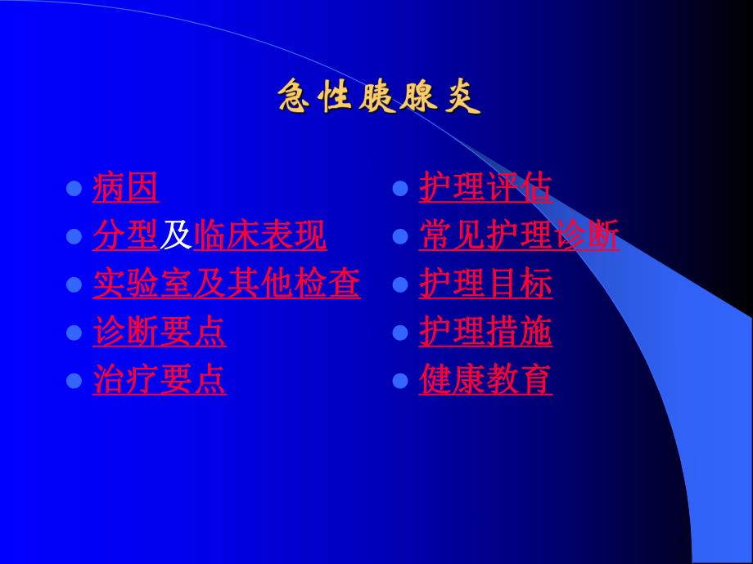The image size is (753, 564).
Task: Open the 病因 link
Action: [x=125, y=188]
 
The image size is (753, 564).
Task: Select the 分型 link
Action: [x=125, y=236]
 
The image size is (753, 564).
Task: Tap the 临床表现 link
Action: [x=259, y=236]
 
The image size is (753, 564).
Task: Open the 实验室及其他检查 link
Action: [x=226, y=284]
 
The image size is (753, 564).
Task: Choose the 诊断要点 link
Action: [x=159, y=332]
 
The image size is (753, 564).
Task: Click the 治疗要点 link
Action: [x=159, y=380]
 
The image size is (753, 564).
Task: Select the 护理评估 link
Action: [x=485, y=188]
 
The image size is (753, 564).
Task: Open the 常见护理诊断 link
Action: [x=519, y=236]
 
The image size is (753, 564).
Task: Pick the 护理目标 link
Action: [x=485, y=284]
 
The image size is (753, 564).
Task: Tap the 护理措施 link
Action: [x=485, y=332]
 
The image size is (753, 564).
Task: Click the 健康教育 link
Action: [x=485, y=380]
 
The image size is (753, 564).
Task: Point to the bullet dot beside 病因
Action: [x=74, y=189]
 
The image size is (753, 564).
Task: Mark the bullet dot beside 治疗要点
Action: [x=74, y=381]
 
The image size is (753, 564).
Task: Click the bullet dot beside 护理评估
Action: [x=400, y=189]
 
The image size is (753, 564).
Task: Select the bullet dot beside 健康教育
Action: [x=400, y=381]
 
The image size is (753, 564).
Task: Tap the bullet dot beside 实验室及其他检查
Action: [x=74, y=284]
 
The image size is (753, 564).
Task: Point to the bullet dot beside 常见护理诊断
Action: [x=400, y=237]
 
